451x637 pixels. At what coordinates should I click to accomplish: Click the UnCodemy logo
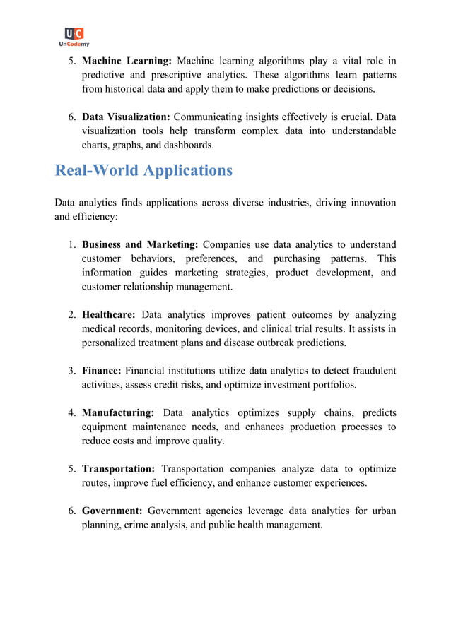click(74, 36)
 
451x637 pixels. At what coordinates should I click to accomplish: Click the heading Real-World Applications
click(143, 170)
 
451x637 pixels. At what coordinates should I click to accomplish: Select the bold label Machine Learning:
click(127, 61)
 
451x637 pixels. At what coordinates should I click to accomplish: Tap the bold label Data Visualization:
click(126, 117)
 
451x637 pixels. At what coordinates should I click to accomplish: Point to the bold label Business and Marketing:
click(140, 244)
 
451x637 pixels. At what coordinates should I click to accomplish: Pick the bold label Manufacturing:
click(118, 412)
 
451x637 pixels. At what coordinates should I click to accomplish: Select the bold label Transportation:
click(118, 469)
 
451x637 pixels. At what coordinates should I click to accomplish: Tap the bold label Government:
click(112, 511)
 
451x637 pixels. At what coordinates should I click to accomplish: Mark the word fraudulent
click(371, 370)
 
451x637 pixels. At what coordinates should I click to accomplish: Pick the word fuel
click(184, 483)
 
